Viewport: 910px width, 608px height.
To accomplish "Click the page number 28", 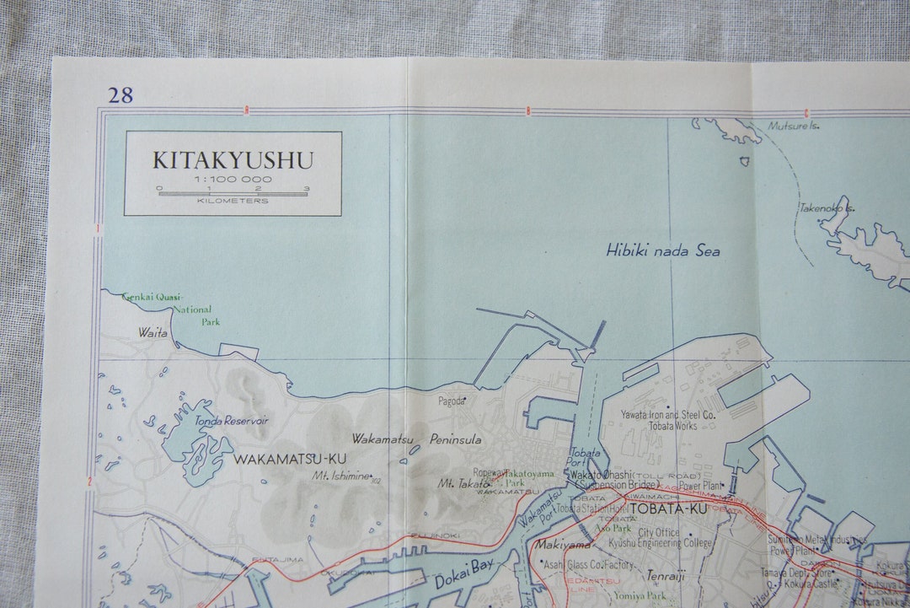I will coord(120,94).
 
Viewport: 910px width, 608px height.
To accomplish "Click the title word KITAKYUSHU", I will coord(233,160).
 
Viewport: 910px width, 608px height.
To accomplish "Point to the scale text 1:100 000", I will coord(233,180).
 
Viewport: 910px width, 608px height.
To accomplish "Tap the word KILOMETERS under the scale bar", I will coord(233,201).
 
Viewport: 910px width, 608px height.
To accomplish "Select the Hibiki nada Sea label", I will coord(663,250).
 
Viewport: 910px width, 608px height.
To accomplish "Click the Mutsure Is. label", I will coord(793,126).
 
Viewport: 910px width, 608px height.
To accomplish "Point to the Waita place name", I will coord(153,333).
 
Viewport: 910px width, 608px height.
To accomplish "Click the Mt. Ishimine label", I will coord(341,476).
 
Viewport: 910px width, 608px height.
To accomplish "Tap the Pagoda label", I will coord(451,401).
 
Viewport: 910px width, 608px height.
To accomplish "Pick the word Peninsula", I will coord(455,439).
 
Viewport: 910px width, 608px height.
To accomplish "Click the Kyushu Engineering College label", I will coord(676,545).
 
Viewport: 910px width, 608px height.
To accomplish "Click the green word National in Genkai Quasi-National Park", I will coord(192,309).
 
